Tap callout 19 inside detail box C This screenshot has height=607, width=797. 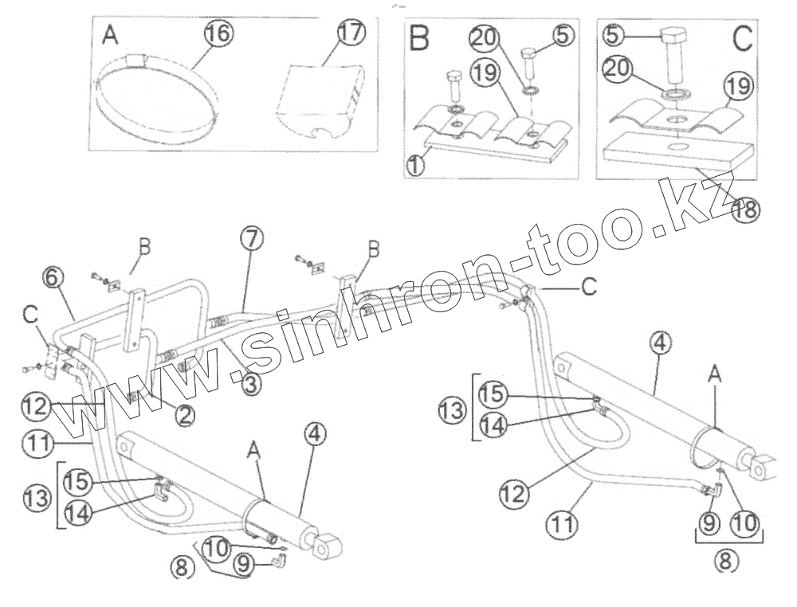[x=738, y=86]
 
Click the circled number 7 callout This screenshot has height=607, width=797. [x=249, y=239]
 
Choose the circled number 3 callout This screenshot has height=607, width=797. [x=250, y=385]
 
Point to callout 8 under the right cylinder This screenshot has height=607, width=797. [x=724, y=560]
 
